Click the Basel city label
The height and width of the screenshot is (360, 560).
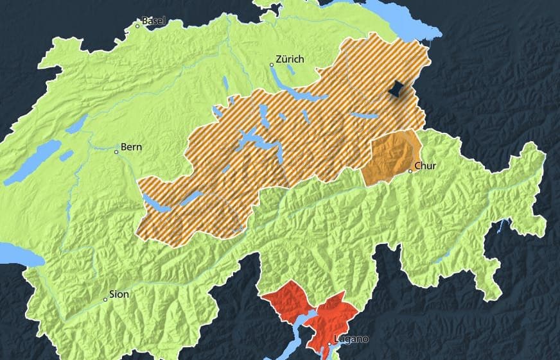(153, 21)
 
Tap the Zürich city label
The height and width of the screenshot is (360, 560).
(290, 59)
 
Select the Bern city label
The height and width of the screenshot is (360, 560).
(131, 147)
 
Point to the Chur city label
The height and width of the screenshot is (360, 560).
(425, 166)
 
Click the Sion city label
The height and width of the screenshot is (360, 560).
(119, 295)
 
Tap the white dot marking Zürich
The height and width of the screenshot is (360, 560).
(272, 65)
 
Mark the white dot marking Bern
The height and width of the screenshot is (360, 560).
(116, 152)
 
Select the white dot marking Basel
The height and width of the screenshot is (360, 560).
(137, 26)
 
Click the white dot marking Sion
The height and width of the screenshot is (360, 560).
(105, 300)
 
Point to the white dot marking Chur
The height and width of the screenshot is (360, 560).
(410, 171)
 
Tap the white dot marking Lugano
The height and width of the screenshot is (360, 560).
(329, 344)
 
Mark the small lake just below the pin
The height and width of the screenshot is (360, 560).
(365, 116)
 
